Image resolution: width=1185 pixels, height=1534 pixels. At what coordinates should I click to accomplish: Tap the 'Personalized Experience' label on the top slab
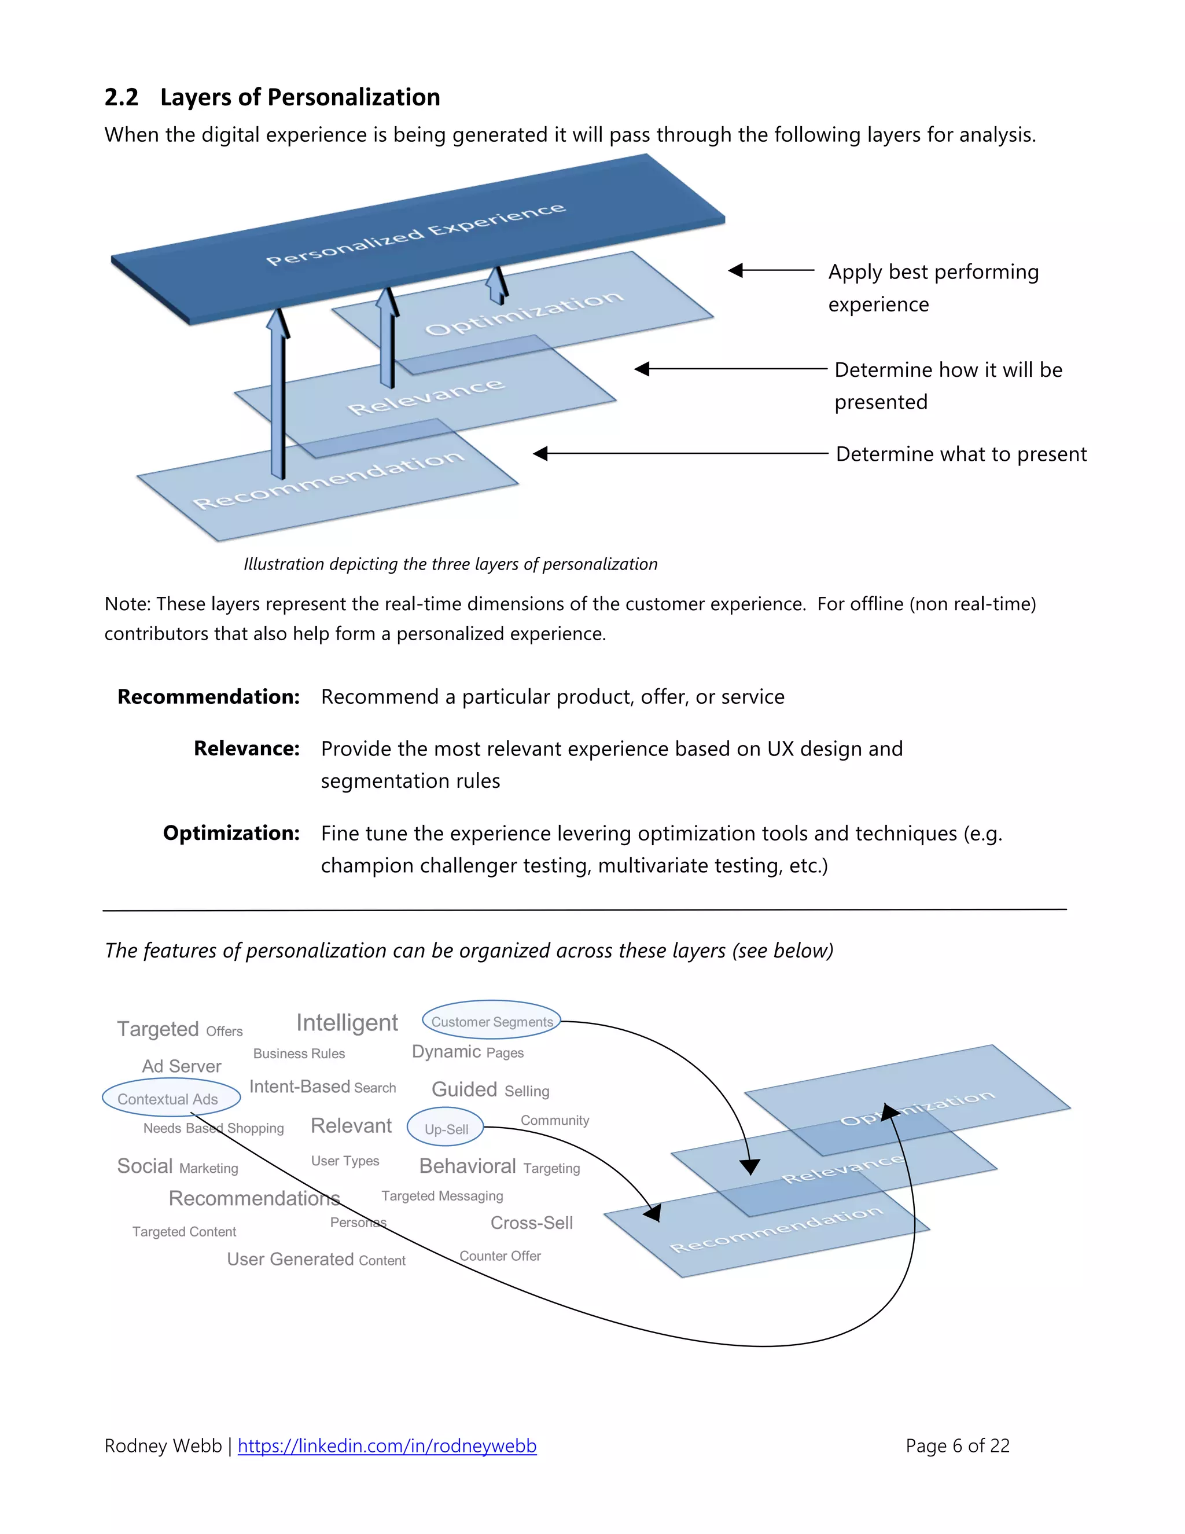[x=415, y=234]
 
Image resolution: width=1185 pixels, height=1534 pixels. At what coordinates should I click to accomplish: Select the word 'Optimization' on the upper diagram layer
[x=524, y=311]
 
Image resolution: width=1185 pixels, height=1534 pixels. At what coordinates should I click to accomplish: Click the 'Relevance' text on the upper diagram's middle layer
[x=425, y=396]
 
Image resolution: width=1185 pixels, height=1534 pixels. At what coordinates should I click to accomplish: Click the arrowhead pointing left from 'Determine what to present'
[x=540, y=454]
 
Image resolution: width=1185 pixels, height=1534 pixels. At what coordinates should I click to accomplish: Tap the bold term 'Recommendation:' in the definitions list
[x=208, y=697]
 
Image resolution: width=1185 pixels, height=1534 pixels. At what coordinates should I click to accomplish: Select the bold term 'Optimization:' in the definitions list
[x=231, y=833]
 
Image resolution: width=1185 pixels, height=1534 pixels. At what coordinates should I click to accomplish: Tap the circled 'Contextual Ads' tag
[x=168, y=1099]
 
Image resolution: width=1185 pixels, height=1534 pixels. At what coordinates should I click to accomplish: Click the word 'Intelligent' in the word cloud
[x=347, y=1023]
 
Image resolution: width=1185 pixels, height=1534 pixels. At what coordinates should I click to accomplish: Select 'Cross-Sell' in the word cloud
[x=531, y=1223]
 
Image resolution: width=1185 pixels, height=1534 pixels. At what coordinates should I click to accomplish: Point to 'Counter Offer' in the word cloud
[x=500, y=1256]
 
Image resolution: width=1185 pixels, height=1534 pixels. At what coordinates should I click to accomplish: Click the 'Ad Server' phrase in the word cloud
[x=181, y=1066]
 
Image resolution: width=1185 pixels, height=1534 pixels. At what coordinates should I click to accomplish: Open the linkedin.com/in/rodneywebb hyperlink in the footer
[x=387, y=1446]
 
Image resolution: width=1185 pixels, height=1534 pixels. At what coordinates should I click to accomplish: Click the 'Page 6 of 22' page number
[x=957, y=1446]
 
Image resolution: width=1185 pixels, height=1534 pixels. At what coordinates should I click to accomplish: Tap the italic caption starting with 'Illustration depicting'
[x=450, y=564]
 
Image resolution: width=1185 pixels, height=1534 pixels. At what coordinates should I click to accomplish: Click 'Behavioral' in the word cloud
[x=467, y=1166]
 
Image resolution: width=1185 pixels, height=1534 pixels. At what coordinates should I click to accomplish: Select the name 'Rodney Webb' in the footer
[x=163, y=1446]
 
